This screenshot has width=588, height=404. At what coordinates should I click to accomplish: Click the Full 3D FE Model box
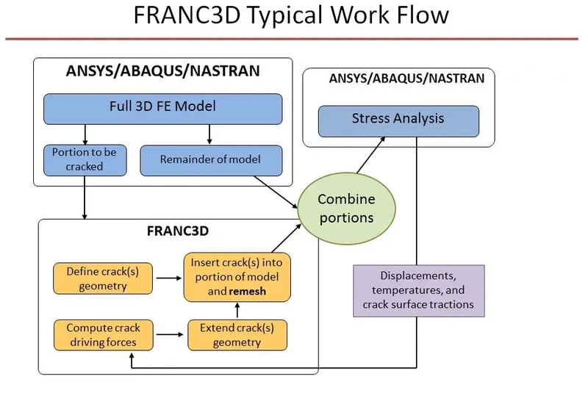coord(162,107)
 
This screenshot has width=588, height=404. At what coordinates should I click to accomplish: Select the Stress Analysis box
coord(398,120)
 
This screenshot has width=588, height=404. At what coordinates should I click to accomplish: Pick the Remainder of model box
coord(210,159)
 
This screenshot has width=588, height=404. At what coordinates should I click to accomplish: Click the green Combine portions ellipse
coord(345,209)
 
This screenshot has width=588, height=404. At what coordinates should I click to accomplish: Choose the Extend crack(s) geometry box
coord(236,334)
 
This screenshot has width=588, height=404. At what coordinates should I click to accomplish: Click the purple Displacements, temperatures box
coord(417,290)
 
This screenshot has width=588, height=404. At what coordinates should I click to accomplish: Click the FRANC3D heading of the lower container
coord(178,231)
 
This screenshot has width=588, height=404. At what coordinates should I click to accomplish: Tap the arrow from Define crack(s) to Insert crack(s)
coord(171,278)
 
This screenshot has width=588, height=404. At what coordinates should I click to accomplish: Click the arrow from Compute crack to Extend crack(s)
coord(171,335)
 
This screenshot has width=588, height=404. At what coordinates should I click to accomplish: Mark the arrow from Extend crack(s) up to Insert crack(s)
coord(236,310)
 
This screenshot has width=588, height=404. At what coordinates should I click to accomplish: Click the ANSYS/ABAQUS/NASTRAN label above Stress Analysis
coord(398,79)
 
